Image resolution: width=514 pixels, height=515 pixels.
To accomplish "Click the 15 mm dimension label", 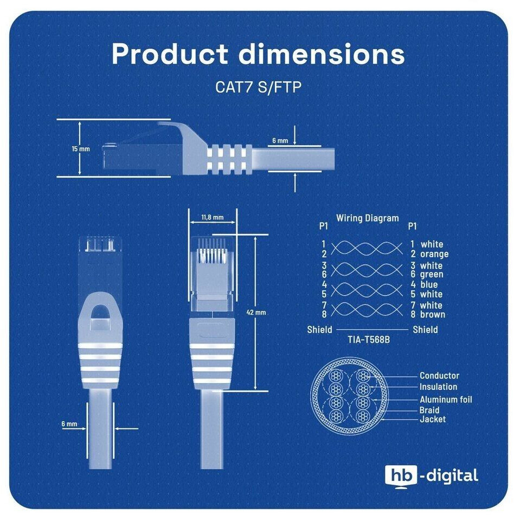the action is (x=81, y=149).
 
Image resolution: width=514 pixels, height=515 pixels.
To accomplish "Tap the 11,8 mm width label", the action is (x=213, y=217).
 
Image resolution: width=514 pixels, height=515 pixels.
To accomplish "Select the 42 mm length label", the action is (x=256, y=312).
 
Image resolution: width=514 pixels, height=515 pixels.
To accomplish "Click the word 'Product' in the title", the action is (x=170, y=54).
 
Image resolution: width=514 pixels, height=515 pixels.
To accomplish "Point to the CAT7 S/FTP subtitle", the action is (x=258, y=87).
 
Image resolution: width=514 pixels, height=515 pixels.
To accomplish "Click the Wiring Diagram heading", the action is (x=367, y=218).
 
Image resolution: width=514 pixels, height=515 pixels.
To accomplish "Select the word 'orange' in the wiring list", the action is (x=434, y=254).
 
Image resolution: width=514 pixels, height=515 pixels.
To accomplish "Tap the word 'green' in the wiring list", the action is (x=432, y=274).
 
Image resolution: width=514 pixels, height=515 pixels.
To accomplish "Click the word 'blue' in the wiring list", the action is (x=429, y=284).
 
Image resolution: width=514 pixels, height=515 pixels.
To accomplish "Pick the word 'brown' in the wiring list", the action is (x=433, y=314).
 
